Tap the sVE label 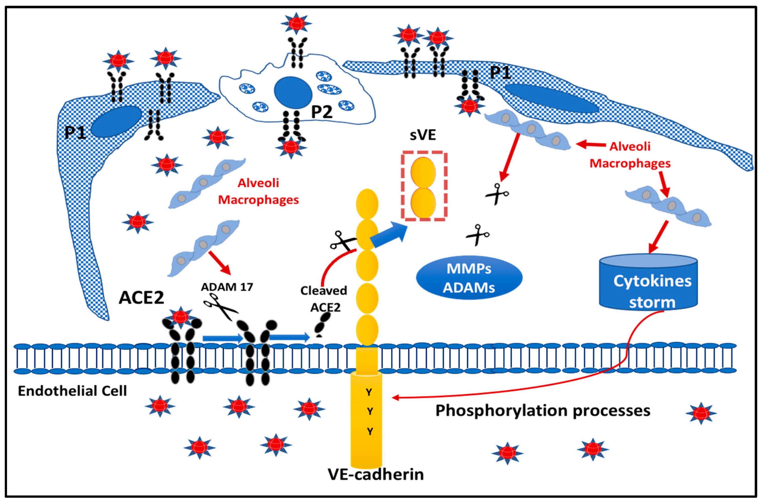[x=423, y=135]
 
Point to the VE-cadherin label [x=375, y=474]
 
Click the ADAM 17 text [x=227, y=287]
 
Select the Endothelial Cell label [x=72, y=391]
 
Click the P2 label [x=322, y=112]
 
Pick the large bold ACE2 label [x=141, y=298]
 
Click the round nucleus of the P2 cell [x=293, y=93]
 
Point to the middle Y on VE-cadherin [x=370, y=411]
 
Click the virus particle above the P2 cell [x=296, y=23]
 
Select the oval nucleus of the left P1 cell [x=116, y=121]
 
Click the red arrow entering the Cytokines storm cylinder [x=658, y=237]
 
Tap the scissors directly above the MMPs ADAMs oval [x=478, y=235]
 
